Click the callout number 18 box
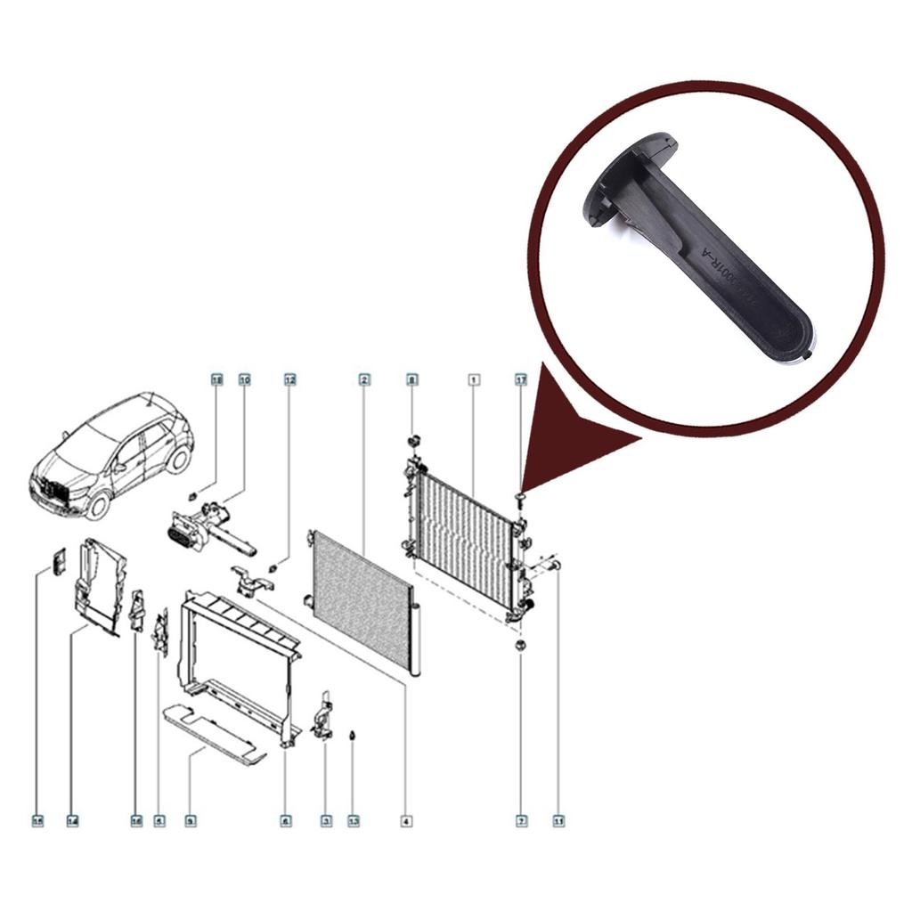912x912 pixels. pos(216,380)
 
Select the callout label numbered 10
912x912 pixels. pos(245,380)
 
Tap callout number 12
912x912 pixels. pos(289,380)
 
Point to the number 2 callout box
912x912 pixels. pos(364,380)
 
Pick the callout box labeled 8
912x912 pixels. pos(411,380)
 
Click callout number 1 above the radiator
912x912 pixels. pos(475,380)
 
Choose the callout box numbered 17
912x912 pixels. pos(521,380)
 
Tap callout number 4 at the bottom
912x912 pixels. pos(406,820)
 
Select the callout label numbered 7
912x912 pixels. pos(521,820)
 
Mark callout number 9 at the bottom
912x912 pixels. pos(190,820)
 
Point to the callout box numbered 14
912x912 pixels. pos(72,820)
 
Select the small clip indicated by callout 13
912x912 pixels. pos(354,737)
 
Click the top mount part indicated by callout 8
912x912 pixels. pos(412,441)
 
